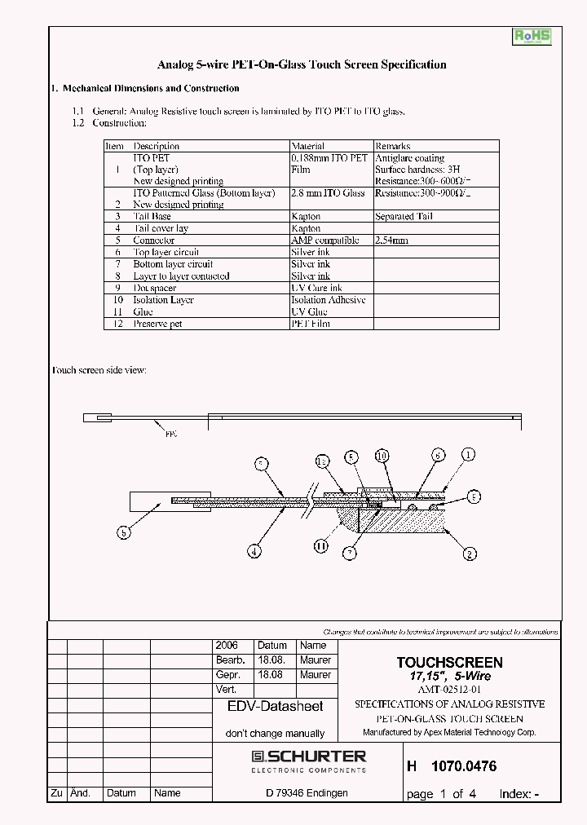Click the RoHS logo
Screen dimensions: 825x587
click(531, 37)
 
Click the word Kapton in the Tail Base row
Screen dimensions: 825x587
click(306, 217)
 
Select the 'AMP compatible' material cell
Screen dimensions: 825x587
click(324, 240)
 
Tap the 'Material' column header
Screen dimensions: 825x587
click(307, 146)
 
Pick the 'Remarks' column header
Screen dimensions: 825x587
click(392, 146)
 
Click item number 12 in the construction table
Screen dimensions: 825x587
click(117, 324)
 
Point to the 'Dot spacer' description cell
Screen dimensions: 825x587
click(154, 288)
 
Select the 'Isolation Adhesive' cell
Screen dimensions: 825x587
click(329, 300)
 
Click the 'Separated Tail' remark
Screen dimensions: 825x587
click(404, 217)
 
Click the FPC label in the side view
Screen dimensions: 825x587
click(171, 434)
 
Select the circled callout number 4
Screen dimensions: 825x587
click(254, 551)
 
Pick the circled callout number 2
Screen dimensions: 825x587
click(470, 554)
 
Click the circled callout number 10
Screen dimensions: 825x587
click(382, 455)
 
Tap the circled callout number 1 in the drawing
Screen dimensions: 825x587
click(468, 455)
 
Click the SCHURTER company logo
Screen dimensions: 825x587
click(309, 760)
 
